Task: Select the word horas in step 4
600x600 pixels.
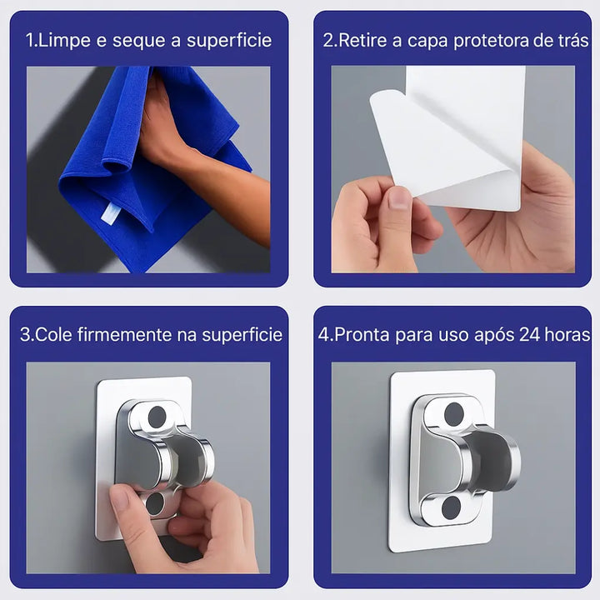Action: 569,335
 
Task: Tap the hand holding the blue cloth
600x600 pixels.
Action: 162,125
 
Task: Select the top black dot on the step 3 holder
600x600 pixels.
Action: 157,417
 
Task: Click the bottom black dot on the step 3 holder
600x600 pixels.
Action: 155,502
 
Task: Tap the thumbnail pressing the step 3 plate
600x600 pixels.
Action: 121,499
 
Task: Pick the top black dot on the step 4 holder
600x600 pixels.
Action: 454,413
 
